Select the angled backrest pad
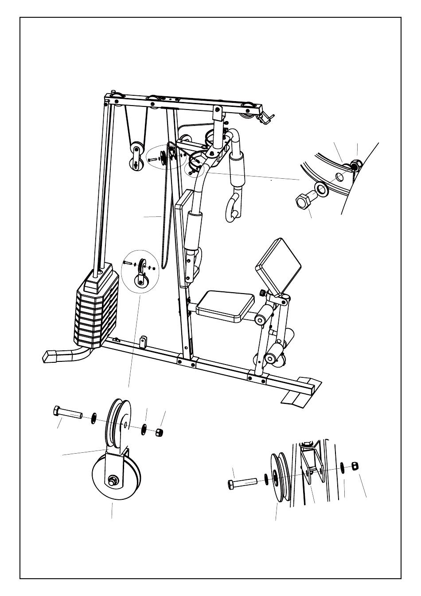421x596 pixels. coord(278,266)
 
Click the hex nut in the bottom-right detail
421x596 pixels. coord(355,466)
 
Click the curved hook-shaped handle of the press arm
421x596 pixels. coord(233,209)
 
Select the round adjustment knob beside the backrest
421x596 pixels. coord(262,293)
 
